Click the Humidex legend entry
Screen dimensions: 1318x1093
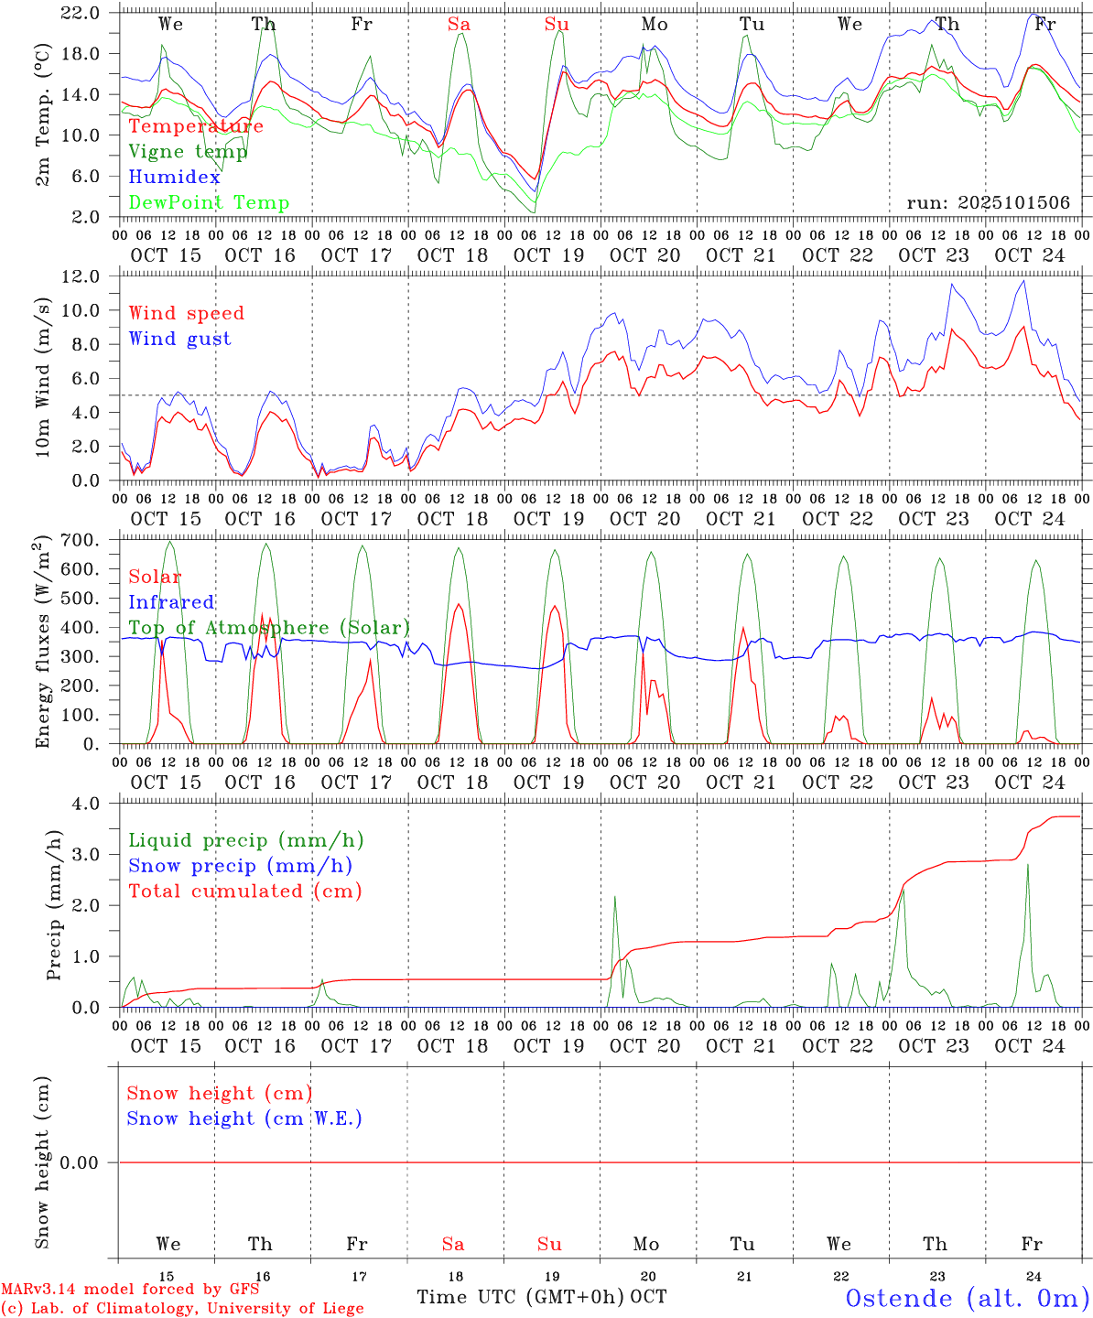[x=174, y=178]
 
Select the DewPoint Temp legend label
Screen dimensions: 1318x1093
[x=209, y=203]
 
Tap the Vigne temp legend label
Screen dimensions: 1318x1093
[x=188, y=152]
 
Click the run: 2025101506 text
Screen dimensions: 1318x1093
[x=988, y=203]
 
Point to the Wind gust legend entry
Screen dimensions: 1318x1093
[x=179, y=339]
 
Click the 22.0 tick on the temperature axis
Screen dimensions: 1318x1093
[x=82, y=13]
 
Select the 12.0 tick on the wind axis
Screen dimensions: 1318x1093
[x=82, y=275]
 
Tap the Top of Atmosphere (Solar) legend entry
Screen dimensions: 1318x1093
[x=268, y=628]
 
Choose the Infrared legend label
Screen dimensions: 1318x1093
[x=171, y=602]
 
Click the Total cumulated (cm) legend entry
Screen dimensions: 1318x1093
[x=244, y=891]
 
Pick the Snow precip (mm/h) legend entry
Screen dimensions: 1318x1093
[x=240, y=866]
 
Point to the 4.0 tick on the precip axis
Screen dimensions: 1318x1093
[x=88, y=803]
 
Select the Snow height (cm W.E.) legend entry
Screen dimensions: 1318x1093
[x=244, y=1118]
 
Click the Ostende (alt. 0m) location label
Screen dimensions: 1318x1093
[x=967, y=1298]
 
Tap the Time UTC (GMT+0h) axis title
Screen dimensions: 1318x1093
[x=520, y=1297]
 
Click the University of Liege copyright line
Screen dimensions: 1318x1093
[x=182, y=1309]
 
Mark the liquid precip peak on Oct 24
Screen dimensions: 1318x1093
[x=1028, y=865]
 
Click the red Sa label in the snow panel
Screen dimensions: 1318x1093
[x=453, y=1244]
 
